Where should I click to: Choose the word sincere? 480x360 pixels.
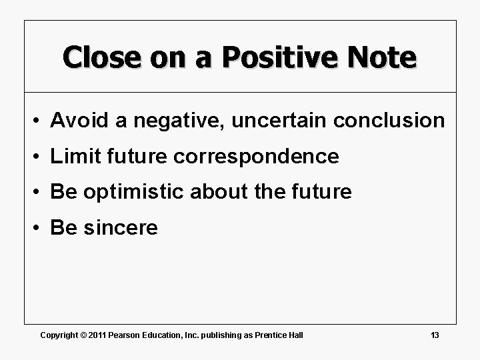pos(119,229)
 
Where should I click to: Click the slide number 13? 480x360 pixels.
pos(435,335)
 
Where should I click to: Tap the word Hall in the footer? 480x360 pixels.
pos(296,335)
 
